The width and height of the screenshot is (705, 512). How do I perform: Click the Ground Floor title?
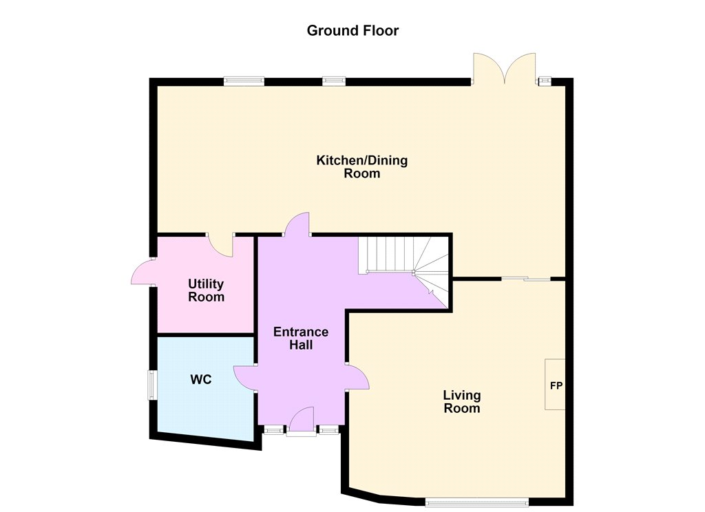coord(352,30)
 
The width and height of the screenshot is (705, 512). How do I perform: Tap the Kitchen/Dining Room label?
coord(362,167)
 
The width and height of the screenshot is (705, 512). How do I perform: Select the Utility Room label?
coord(206,290)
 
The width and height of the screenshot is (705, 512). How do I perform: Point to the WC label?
coord(201,380)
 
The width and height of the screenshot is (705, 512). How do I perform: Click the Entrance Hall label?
coord(301,339)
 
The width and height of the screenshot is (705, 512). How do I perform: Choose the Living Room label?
coord(462,402)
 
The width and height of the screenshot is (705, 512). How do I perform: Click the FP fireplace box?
coord(556,384)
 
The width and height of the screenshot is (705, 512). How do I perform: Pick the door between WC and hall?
coord(245,378)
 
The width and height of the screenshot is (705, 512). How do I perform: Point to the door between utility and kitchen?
coord(220,246)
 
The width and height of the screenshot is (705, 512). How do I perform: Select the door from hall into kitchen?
coord(297,224)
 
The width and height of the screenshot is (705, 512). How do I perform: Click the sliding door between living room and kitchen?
coord(526,279)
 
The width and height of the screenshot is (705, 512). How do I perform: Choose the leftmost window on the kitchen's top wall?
coord(244,81)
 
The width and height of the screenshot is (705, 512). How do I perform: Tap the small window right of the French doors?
coord(545,81)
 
